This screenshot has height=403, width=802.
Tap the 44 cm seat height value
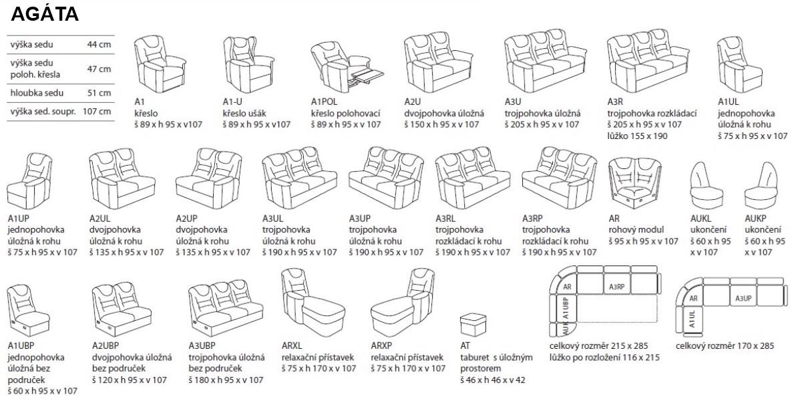(99, 45)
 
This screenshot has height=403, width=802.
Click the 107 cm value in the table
(96, 111)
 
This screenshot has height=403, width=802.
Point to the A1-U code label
(234, 102)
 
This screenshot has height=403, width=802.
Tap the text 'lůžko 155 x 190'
(638, 136)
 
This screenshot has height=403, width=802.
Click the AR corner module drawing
(635, 180)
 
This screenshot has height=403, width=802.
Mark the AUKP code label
(758, 218)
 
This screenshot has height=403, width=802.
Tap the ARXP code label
(381, 346)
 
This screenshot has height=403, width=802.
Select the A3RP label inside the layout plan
(617, 287)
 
